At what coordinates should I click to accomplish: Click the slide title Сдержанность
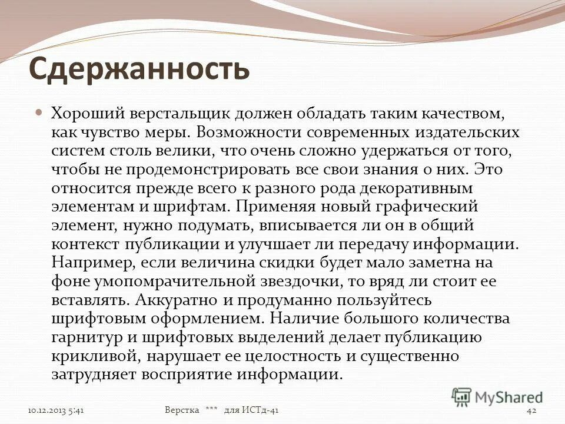pos(139,69)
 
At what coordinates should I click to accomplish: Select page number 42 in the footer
pos(532,410)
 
